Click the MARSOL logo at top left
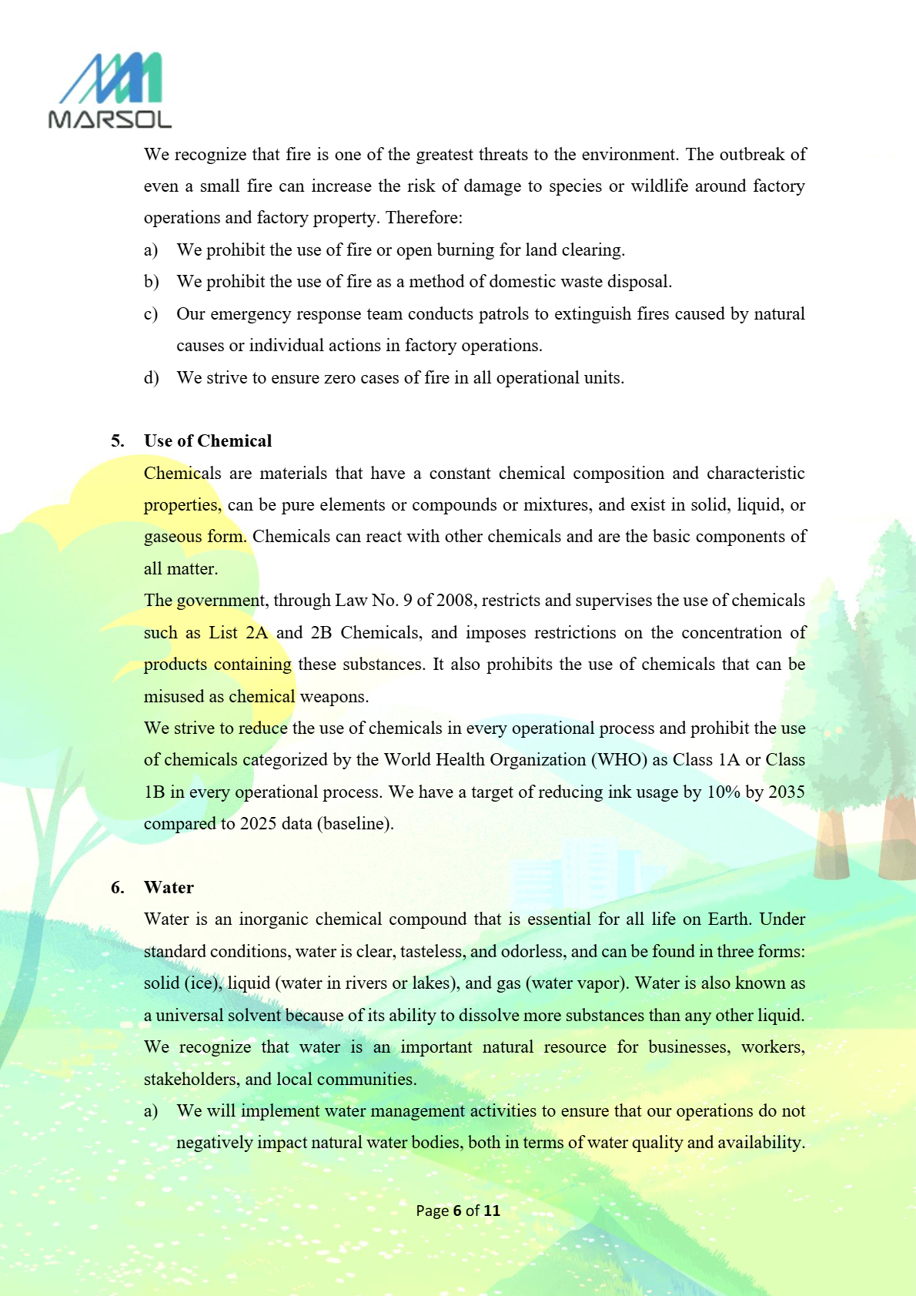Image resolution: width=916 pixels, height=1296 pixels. [109, 90]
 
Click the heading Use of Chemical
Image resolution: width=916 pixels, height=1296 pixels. [208, 440]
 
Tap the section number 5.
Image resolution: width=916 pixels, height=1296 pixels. [117, 440]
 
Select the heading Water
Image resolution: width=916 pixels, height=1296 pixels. [169, 887]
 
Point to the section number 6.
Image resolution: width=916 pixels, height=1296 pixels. [117, 887]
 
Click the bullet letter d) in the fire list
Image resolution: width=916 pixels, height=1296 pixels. [151, 377]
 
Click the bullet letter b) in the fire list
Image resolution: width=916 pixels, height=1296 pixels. [151, 282]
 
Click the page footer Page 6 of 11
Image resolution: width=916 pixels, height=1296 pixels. [458, 1211]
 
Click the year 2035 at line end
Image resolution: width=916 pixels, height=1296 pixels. [786, 792]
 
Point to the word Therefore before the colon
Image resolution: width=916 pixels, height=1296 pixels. [421, 218]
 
